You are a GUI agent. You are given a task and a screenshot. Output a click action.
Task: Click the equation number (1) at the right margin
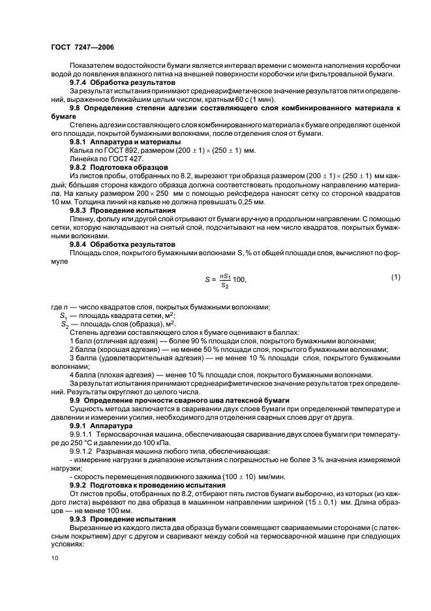(395, 277)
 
